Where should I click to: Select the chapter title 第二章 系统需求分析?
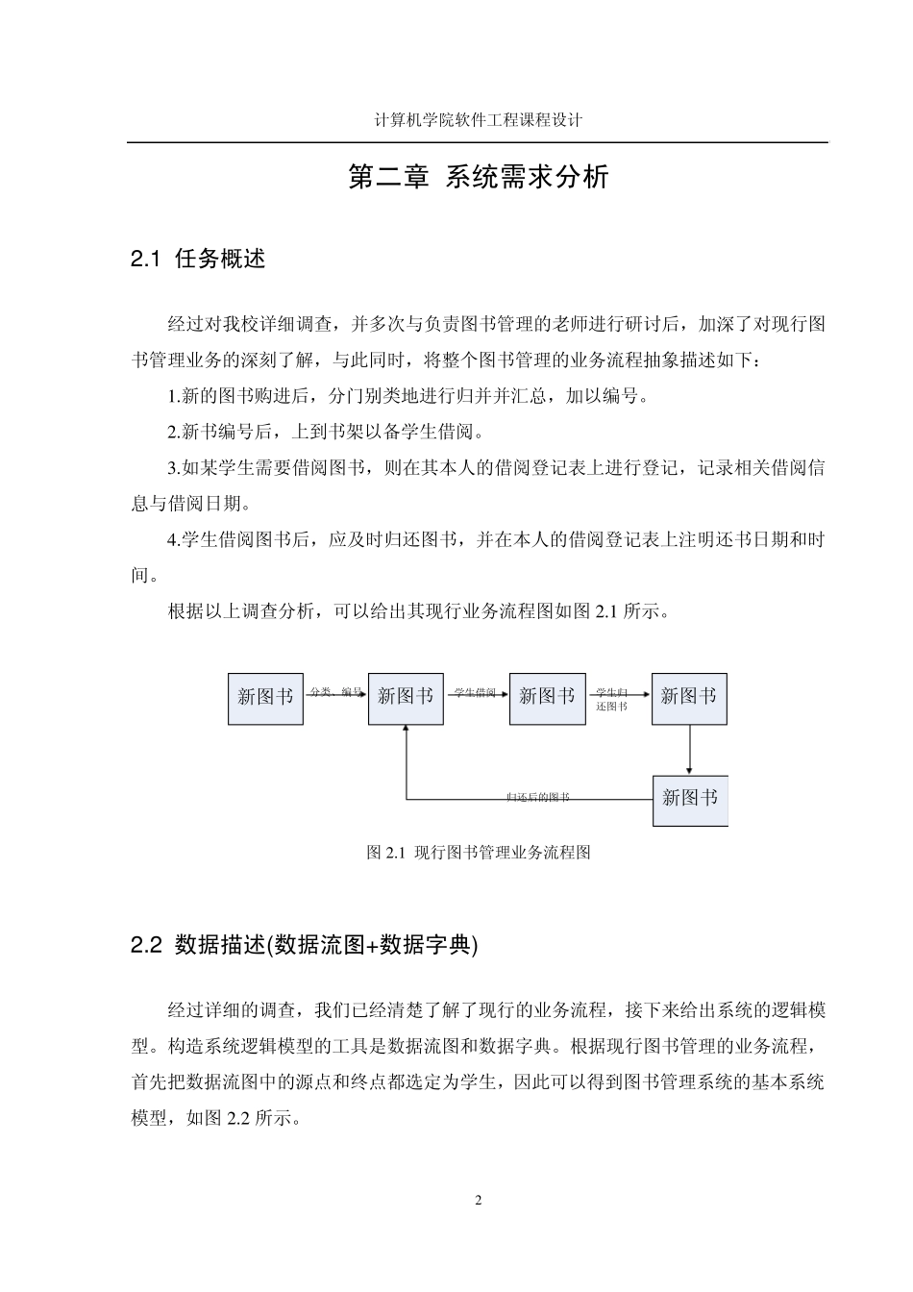click(x=478, y=178)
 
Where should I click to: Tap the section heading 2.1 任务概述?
click(x=198, y=259)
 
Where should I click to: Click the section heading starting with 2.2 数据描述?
click(x=304, y=945)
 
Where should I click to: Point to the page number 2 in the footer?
click(x=479, y=1200)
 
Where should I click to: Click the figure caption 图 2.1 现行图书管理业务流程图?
click(x=478, y=852)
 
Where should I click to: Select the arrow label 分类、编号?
click(x=335, y=691)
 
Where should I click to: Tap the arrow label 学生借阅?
click(x=475, y=691)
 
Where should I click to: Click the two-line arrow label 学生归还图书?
click(x=612, y=699)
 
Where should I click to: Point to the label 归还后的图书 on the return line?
click(x=538, y=797)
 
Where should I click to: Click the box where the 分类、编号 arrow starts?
click(x=265, y=697)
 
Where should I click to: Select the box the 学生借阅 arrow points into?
click(x=547, y=697)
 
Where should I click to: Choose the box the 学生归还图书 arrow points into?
click(x=689, y=697)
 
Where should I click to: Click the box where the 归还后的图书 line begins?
click(x=690, y=799)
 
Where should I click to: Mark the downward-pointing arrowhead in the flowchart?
click(x=690, y=769)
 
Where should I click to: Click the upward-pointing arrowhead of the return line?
click(x=407, y=730)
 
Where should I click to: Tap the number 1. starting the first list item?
click(x=174, y=396)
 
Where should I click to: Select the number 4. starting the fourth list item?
click(x=174, y=540)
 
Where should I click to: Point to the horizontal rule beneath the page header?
click(x=478, y=143)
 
